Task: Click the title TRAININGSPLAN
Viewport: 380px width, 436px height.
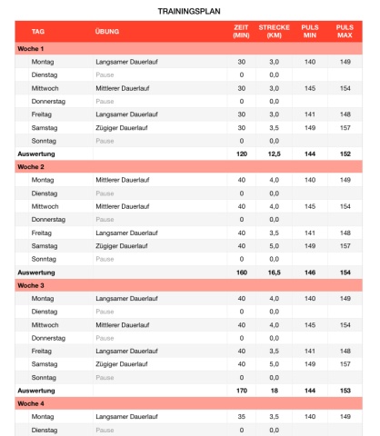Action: coord(189,10)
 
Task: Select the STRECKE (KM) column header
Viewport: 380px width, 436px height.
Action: coord(274,32)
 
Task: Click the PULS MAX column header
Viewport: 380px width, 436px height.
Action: coord(344,32)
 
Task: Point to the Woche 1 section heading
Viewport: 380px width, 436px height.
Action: coord(30,48)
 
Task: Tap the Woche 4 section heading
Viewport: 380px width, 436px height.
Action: coord(30,403)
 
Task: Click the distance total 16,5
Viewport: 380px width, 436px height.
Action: coord(274,272)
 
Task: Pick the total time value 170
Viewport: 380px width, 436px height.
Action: coord(241,391)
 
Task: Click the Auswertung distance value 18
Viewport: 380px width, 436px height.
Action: coord(274,391)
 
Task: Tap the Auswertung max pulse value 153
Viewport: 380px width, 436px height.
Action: coord(344,391)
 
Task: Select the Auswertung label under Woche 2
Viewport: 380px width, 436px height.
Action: coord(35,272)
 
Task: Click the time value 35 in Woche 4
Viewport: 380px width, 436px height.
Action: coord(241,417)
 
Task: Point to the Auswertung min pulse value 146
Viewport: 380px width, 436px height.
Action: coord(310,272)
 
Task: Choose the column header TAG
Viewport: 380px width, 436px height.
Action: coord(37,32)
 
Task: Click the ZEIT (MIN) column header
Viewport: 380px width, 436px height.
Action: coord(241,32)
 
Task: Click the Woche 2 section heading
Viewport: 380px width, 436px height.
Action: coord(30,167)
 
